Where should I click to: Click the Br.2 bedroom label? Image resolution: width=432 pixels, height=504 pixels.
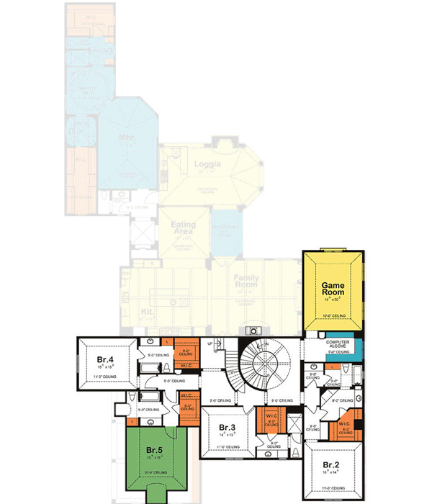pos(332,464)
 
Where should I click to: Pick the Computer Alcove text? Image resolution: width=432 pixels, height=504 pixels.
pos(342,343)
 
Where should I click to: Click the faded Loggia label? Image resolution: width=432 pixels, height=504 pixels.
pos(207,165)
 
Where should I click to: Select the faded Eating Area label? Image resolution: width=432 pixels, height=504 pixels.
pos(184,229)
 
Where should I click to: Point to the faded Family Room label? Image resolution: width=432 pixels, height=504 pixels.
pos(245,282)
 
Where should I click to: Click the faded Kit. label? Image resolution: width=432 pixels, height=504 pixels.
pos(148,312)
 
